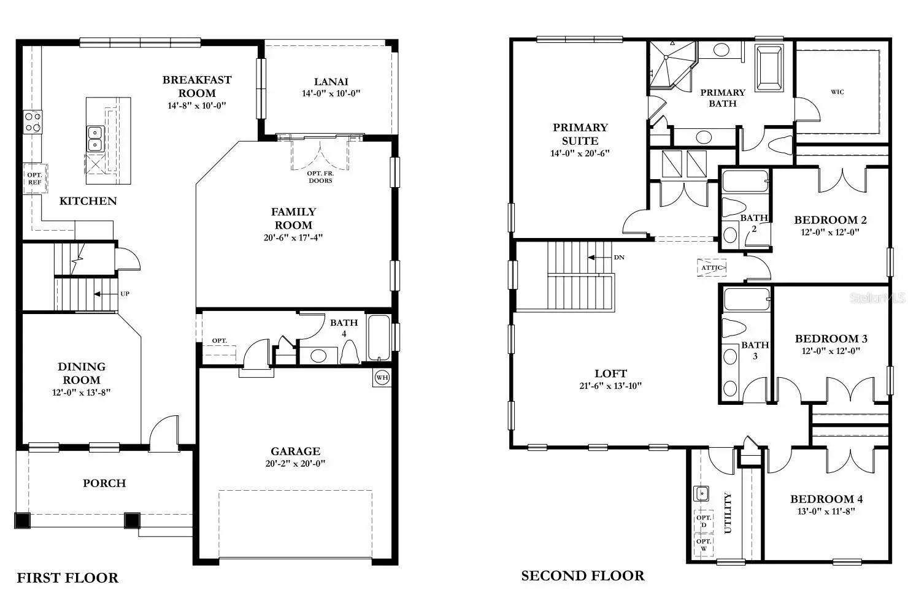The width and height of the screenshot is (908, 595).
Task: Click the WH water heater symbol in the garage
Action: click(382, 378)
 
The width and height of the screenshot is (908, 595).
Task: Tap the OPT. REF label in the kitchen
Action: click(35, 178)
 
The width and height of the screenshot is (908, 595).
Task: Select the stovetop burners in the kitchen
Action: click(33, 122)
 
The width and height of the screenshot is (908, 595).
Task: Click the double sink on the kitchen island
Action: click(95, 139)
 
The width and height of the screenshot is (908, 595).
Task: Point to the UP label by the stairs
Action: click(125, 294)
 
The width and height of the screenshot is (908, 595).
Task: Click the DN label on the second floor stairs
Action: click(619, 258)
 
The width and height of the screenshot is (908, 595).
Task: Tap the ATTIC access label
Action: click(712, 267)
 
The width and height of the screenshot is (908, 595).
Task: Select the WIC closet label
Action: click(837, 92)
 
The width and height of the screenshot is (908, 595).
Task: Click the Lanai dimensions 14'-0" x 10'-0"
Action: click(331, 93)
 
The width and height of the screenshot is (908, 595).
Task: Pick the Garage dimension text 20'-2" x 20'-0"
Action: click(296, 463)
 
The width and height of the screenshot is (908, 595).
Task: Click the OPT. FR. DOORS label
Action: click(320, 177)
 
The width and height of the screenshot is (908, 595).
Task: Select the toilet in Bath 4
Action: click(350, 352)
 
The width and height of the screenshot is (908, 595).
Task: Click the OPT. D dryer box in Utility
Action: click(704, 521)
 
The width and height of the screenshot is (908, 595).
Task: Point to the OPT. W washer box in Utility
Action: click(704, 545)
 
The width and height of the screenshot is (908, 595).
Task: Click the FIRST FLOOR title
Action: click(67, 578)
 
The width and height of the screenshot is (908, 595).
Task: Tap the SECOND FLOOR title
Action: click(583, 575)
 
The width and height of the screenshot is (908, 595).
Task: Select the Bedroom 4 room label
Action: click(826, 499)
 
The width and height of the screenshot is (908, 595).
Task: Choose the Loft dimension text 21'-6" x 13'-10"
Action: click(611, 386)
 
